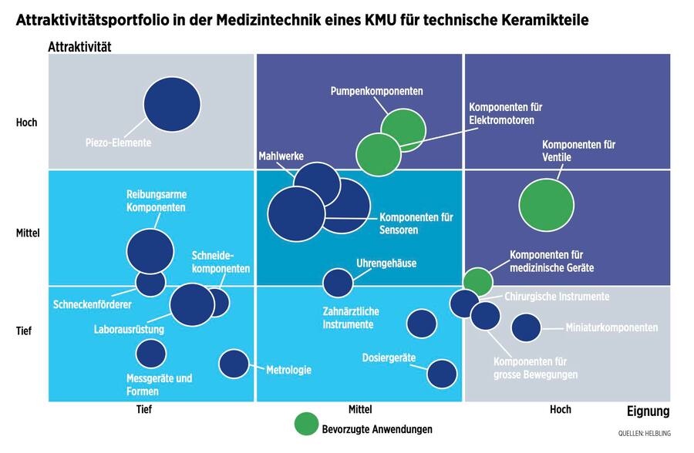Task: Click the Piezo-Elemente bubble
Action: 172,104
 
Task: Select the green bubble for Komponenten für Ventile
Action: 546,205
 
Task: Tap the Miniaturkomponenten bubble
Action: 526,327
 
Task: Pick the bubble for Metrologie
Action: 234,363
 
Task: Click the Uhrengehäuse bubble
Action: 337,283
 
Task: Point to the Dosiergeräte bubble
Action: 441,374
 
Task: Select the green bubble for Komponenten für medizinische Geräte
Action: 477,282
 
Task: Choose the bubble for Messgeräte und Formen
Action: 151,354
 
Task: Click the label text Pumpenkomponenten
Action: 376,91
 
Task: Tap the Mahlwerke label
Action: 281,156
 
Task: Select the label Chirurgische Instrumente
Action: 557,297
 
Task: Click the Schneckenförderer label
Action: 93,304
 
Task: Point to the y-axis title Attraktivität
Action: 79,47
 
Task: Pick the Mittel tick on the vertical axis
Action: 27,232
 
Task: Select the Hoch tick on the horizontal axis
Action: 560,409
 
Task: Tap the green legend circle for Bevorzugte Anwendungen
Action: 306,424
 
